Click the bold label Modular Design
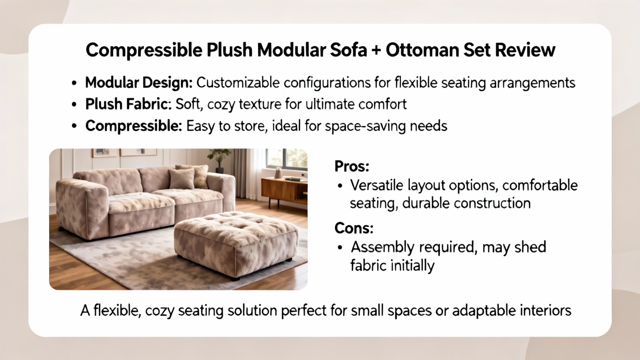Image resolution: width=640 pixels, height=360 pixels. point(139,83)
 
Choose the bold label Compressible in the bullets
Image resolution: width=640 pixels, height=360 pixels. point(134,126)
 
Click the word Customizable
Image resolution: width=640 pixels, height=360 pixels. point(238,83)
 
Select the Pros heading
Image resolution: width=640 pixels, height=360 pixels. point(352,166)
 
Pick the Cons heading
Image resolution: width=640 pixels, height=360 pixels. point(354,228)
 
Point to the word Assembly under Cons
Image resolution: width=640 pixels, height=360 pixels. point(382,248)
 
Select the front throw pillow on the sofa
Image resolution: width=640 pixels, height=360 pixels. point(182,179)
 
